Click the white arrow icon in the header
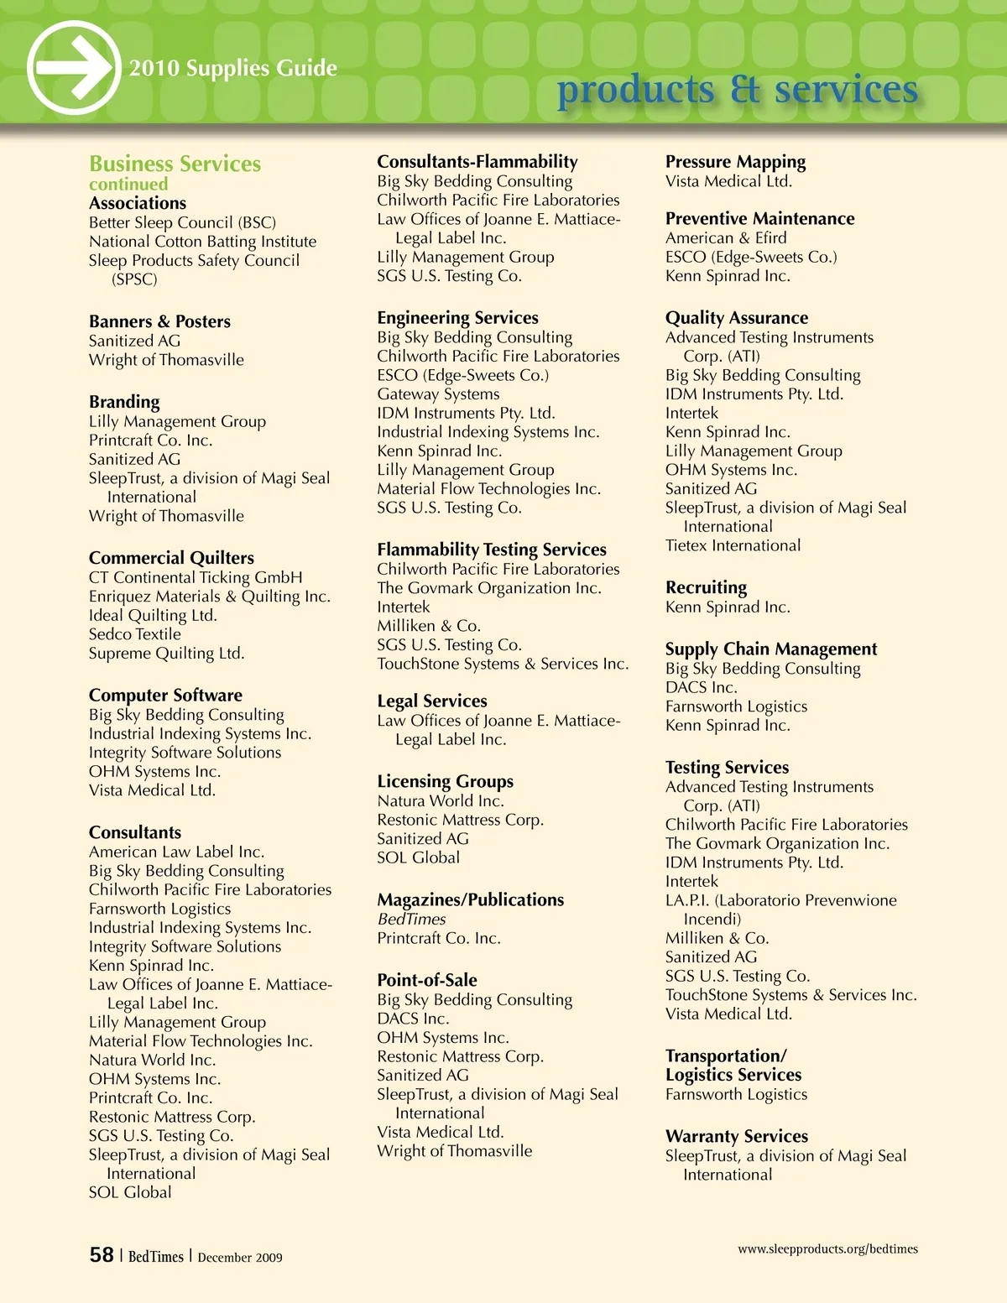pyautogui.click(x=73, y=68)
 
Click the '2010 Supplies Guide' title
pyautogui.click(x=233, y=68)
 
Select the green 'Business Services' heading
pyautogui.click(x=175, y=164)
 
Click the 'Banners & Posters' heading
pyautogui.click(x=159, y=321)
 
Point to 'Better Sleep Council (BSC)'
pyautogui.click(x=182, y=222)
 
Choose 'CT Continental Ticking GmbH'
pyautogui.click(x=196, y=577)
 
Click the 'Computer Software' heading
pyautogui.click(x=165, y=695)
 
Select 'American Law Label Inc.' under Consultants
pyautogui.click(x=176, y=852)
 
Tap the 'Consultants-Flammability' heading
pyautogui.click(x=477, y=161)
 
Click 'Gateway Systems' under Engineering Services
pyautogui.click(x=438, y=394)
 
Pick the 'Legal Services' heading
pyautogui.click(x=431, y=701)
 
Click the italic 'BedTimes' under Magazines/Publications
pyautogui.click(x=411, y=919)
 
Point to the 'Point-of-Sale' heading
pyautogui.click(x=426, y=980)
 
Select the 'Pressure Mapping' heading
pyautogui.click(x=735, y=161)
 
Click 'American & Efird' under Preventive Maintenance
pyautogui.click(x=726, y=237)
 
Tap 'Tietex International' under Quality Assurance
pyautogui.click(x=733, y=545)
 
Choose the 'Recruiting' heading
pyautogui.click(x=706, y=587)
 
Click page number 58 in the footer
pyautogui.click(x=102, y=1254)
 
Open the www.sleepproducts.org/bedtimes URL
pyautogui.click(x=827, y=1248)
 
